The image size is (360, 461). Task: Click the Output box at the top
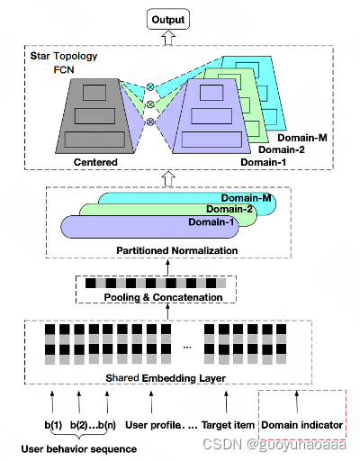[169, 19]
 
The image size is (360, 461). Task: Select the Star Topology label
[64, 56]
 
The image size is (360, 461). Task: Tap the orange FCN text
[65, 69]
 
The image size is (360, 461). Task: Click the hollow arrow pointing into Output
[169, 38]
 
